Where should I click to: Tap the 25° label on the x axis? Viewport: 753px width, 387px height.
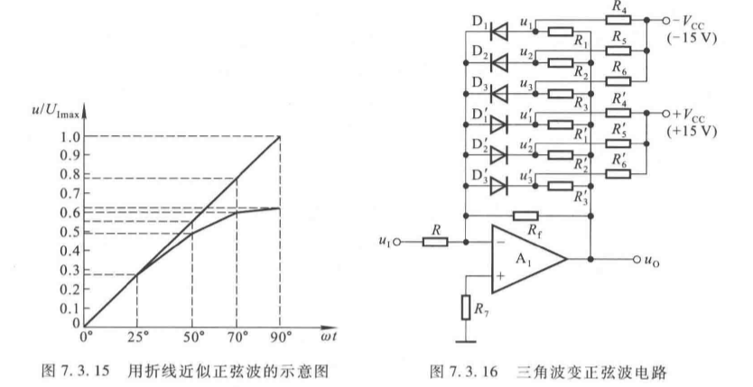137,339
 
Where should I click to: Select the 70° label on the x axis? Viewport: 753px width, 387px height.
237,339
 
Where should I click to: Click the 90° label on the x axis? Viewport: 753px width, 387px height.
280,339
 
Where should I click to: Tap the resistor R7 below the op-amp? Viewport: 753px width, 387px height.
465,309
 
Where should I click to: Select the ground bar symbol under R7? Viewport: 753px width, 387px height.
465,341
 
